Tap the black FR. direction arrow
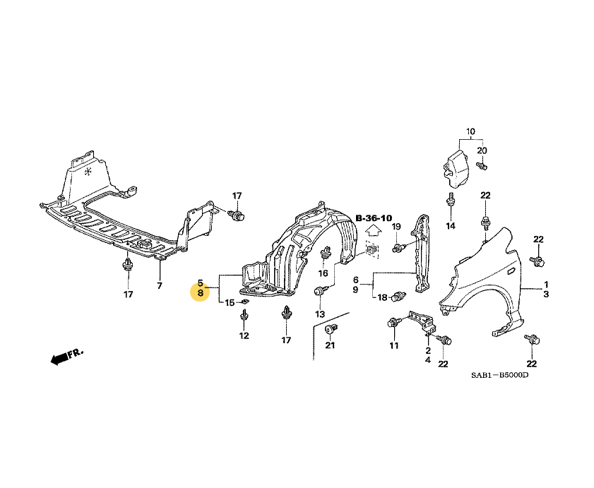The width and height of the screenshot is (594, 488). click(62, 357)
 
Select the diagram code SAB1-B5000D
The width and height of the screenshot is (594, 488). click(500, 375)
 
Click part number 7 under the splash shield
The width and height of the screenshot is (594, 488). click(160, 285)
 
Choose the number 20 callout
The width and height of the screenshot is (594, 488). click(482, 150)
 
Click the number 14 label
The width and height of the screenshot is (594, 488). click(451, 226)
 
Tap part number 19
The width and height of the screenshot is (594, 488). click(396, 226)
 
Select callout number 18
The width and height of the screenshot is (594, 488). click(382, 297)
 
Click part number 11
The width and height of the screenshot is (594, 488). click(393, 345)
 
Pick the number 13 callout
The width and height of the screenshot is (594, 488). click(319, 314)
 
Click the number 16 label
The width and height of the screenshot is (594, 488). click(323, 273)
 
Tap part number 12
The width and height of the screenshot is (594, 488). click(244, 335)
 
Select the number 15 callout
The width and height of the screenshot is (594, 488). click(230, 302)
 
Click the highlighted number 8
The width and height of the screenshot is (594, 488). click(201, 292)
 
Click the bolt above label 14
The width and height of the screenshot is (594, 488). click(450, 201)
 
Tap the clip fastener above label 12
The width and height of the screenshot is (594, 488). click(244, 316)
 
